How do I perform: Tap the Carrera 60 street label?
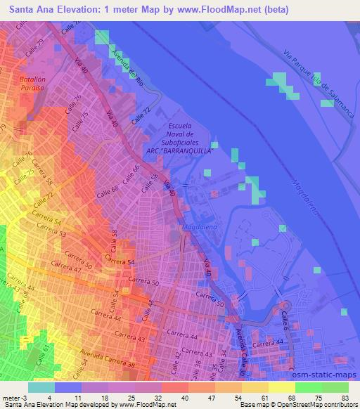[x=79, y=258]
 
